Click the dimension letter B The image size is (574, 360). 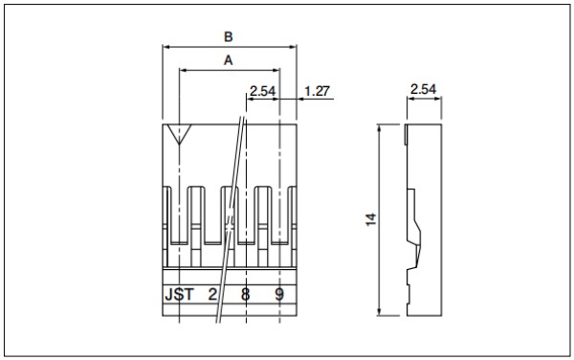click(x=228, y=37)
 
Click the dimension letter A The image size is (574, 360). click(x=228, y=60)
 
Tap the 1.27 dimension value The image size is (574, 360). click(x=317, y=91)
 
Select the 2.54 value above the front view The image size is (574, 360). click(x=262, y=91)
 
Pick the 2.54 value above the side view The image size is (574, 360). click(x=423, y=89)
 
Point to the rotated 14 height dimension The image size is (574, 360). click(x=371, y=219)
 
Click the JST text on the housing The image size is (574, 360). click(x=179, y=294)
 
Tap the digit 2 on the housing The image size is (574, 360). click(x=212, y=294)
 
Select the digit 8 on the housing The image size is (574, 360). click(x=245, y=294)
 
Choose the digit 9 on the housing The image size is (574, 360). click(x=279, y=294)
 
